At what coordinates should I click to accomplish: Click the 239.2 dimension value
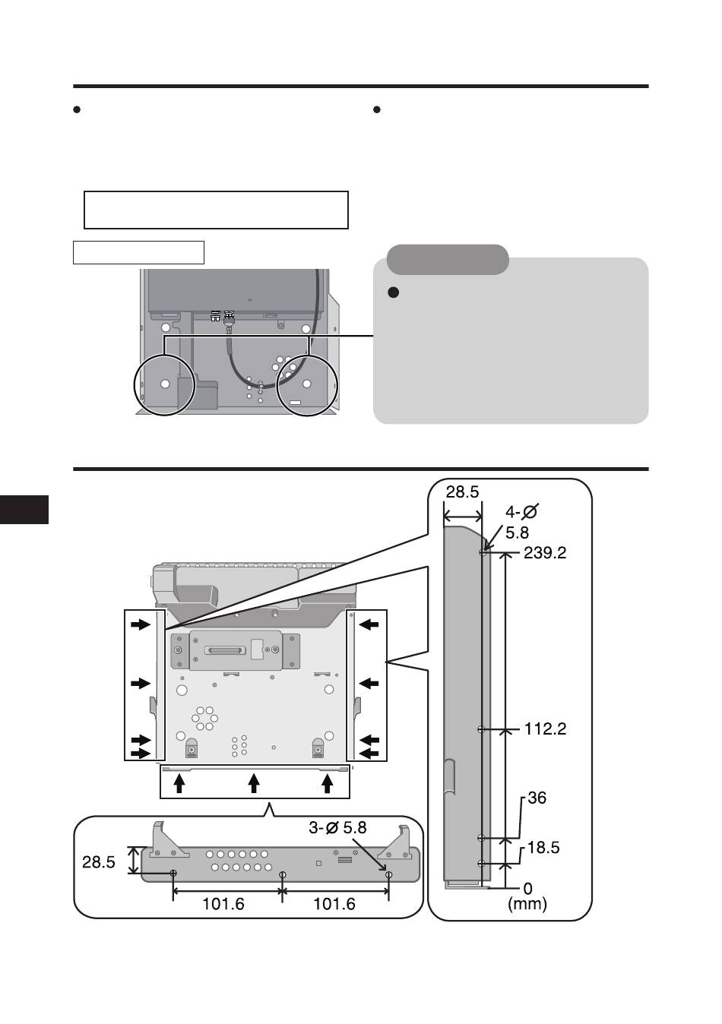point(545,554)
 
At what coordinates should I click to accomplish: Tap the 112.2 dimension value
point(545,729)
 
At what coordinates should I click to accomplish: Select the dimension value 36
point(537,798)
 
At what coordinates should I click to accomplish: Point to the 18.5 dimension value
point(543,848)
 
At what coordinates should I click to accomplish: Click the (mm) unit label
point(527,903)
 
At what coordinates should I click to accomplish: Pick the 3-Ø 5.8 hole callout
point(337,828)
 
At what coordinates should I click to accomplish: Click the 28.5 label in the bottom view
point(98,862)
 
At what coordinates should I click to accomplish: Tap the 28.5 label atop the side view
point(462,492)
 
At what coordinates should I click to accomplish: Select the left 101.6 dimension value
point(223,904)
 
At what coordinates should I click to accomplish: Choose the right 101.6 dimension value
point(334,904)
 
